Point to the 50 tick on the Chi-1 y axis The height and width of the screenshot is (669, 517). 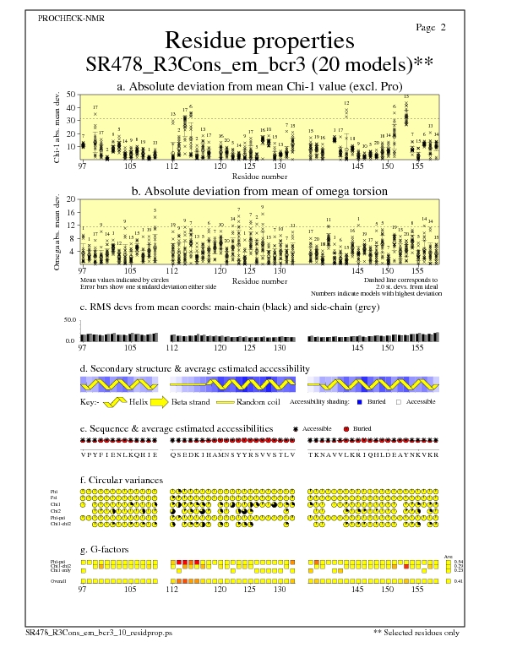click(x=71, y=95)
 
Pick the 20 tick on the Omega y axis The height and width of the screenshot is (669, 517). click(x=71, y=199)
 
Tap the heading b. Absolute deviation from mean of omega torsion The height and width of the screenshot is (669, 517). click(x=258, y=191)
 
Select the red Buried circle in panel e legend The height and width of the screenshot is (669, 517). click(x=346, y=429)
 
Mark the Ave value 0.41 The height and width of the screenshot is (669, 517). click(x=458, y=581)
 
